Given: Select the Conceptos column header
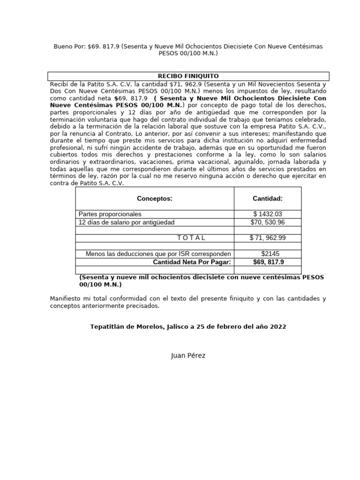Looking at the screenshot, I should [x=155, y=199].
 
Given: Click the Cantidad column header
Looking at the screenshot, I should [x=268, y=199].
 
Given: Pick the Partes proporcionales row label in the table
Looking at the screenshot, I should [x=110, y=214].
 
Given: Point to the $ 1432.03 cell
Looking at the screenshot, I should [x=268, y=214].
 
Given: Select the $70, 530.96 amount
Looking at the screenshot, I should [x=268, y=222].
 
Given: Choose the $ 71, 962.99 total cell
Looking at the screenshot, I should [x=268, y=238].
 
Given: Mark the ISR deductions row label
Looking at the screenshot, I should [x=158, y=254].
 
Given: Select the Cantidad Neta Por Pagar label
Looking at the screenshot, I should [x=192, y=262].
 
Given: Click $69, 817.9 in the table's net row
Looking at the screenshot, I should [x=268, y=262].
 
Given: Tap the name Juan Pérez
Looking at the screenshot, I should [x=188, y=355].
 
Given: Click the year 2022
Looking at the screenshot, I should [x=277, y=327].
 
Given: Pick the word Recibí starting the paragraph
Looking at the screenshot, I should [x=60, y=84].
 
